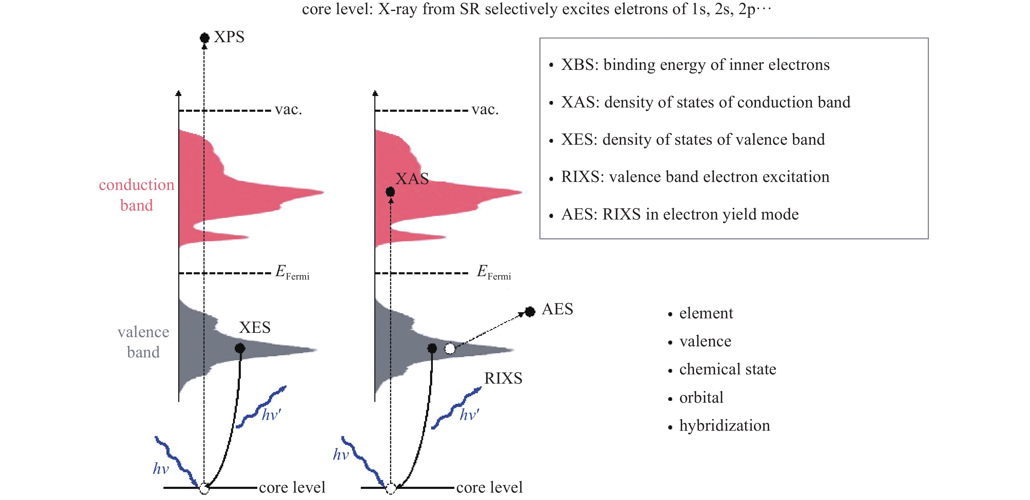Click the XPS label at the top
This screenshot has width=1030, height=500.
pyautogui.click(x=229, y=37)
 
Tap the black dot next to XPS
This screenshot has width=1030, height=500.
pyautogui.click(x=204, y=38)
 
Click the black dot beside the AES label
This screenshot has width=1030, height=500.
pyautogui.click(x=530, y=312)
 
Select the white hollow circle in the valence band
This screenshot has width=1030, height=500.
pyautogui.click(x=450, y=349)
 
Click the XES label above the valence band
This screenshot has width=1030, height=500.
pyautogui.click(x=255, y=328)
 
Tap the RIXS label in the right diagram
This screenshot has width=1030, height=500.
pyautogui.click(x=503, y=378)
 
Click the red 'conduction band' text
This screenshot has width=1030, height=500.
pyautogui.click(x=137, y=195)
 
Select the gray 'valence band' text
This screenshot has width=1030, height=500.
pyautogui.click(x=143, y=342)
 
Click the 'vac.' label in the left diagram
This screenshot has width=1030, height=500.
pyautogui.click(x=288, y=109)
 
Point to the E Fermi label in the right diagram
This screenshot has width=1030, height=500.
pyautogui.click(x=494, y=272)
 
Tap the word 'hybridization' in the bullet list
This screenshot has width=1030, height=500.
pyautogui.click(x=725, y=425)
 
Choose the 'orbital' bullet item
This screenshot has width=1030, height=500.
pyautogui.click(x=701, y=397)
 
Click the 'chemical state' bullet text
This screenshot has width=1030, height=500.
pyautogui.click(x=728, y=369)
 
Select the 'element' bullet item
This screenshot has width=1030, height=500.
pyautogui.click(x=706, y=313)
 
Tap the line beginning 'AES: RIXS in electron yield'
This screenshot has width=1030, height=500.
pyautogui.click(x=680, y=214)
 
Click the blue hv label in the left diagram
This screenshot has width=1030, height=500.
pyautogui.click(x=161, y=468)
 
